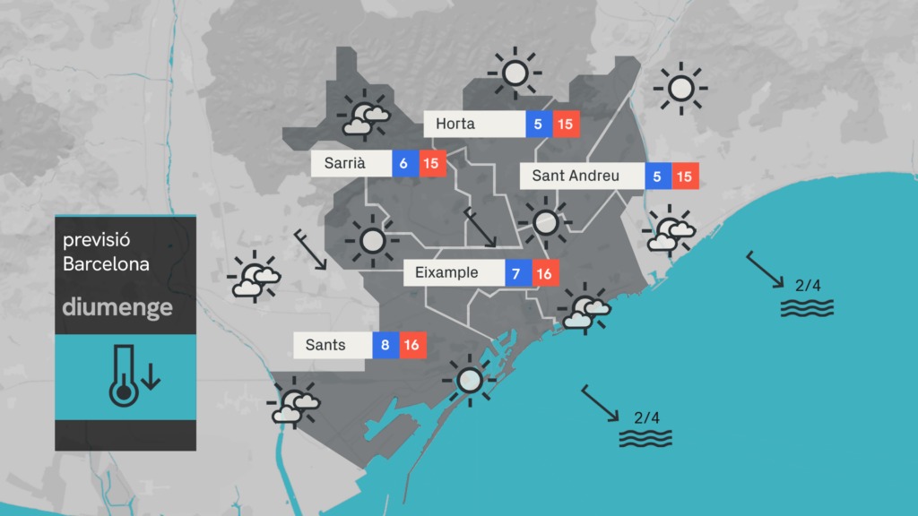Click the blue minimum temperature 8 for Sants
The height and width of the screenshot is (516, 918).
click(385, 344)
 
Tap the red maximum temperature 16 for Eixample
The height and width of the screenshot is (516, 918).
click(545, 272)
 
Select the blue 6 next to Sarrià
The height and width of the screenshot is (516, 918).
click(404, 163)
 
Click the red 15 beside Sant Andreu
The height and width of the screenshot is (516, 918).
click(685, 176)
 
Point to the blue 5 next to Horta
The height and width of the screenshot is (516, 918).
click(539, 124)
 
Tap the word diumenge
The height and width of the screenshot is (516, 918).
click(117, 307)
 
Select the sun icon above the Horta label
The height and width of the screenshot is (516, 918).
click(515, 73)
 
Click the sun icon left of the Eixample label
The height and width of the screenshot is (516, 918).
click(372, 241)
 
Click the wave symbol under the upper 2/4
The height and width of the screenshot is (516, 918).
click(807, 308)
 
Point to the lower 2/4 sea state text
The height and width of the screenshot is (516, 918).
click(646, 417)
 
